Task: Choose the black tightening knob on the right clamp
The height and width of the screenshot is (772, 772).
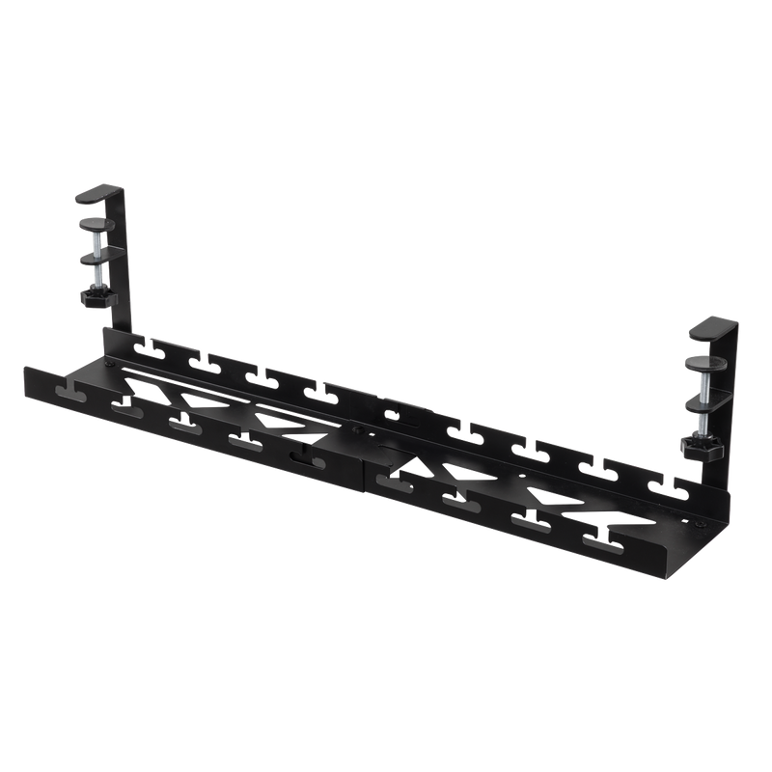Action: point(700,448)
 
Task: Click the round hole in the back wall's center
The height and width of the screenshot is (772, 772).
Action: point(390,417)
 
